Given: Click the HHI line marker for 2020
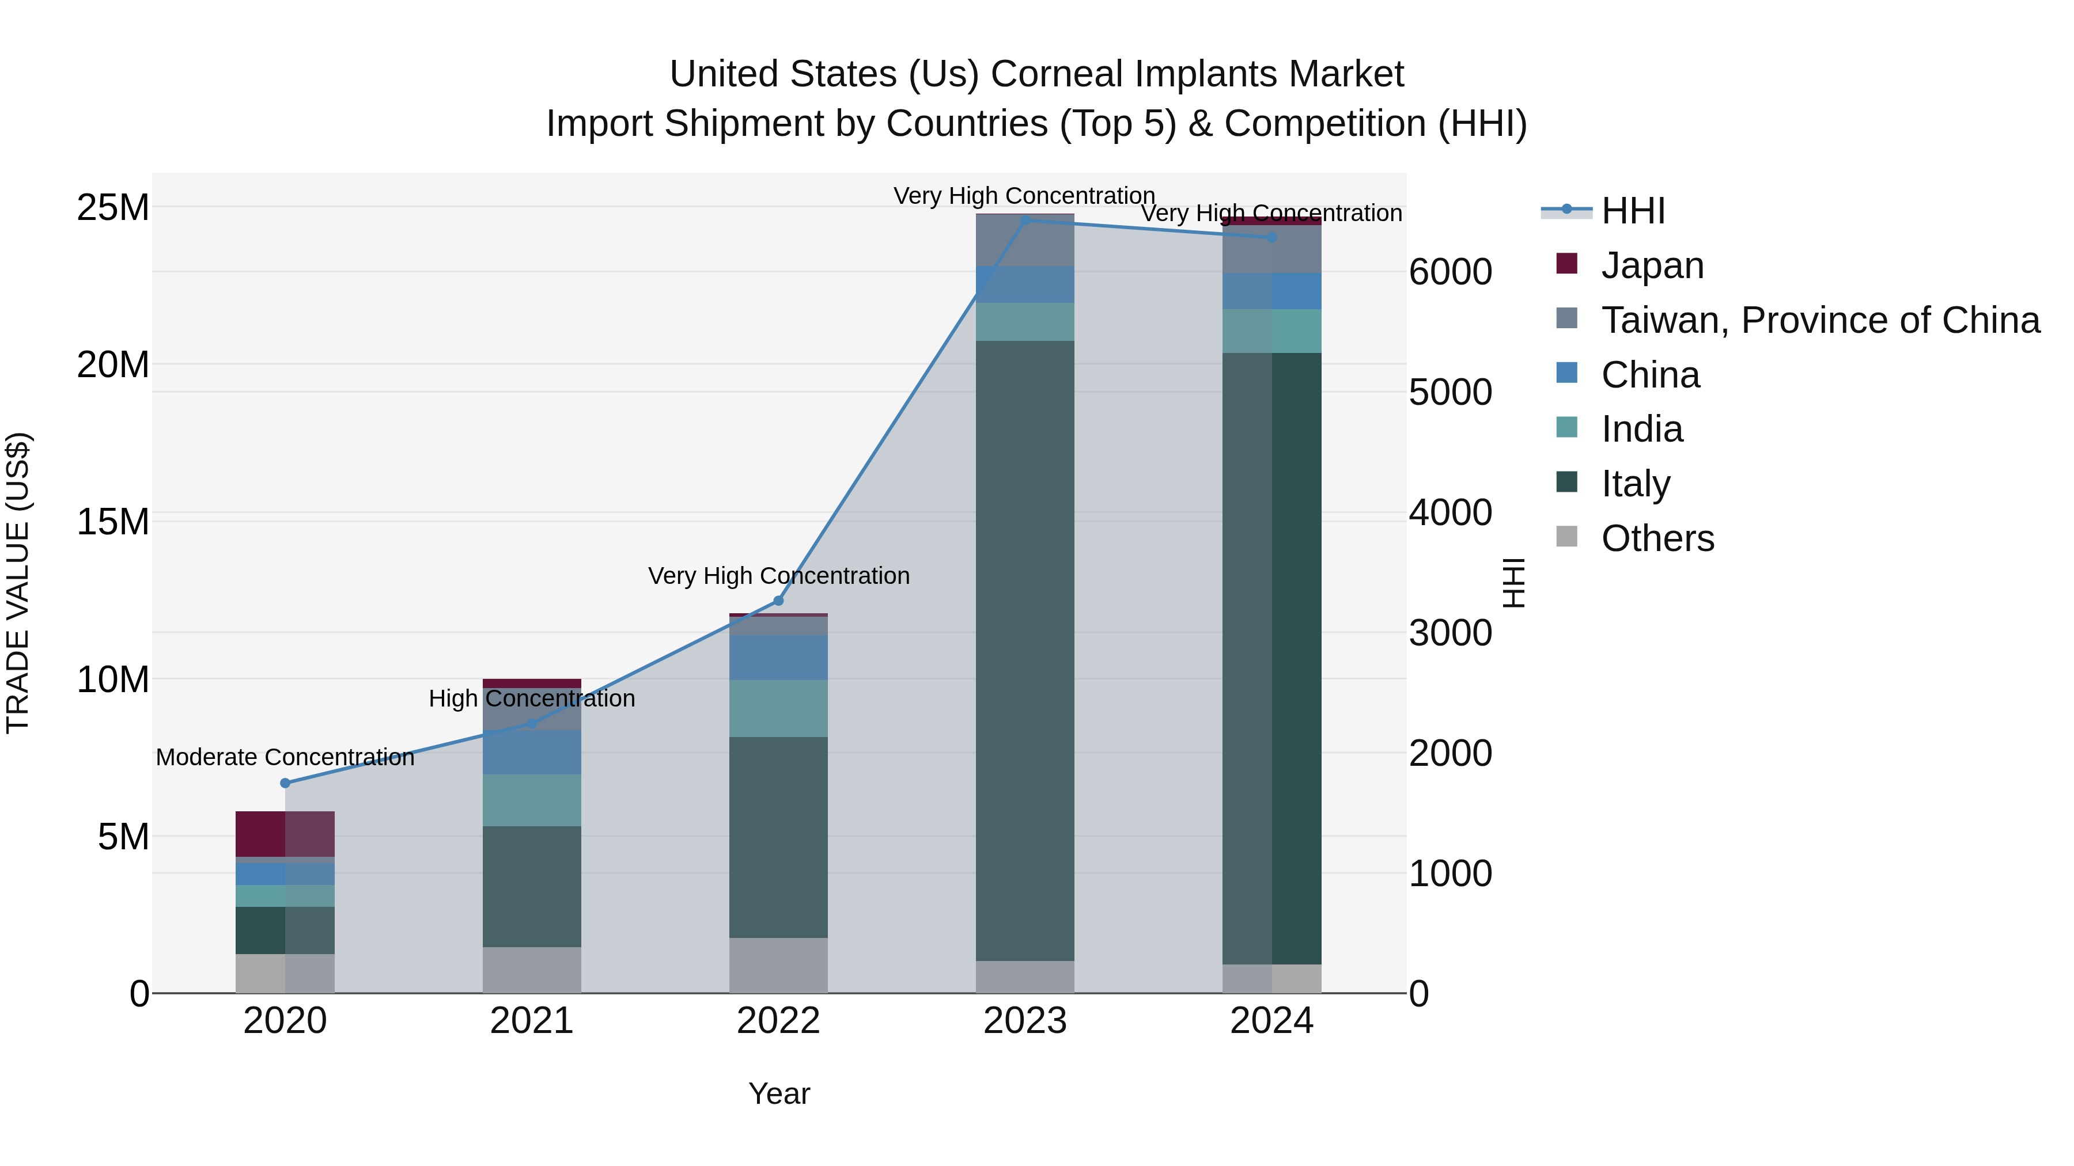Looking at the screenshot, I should click(285, 783).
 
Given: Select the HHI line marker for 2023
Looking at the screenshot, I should click(1025, 221).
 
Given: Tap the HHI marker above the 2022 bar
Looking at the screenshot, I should click(778, 601).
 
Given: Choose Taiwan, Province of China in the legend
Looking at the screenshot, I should click(1819, 320).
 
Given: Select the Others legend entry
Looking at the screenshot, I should click(1657, 538).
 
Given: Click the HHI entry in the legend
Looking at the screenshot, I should click(1632, 211).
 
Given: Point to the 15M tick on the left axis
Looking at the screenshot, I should click(113, 522).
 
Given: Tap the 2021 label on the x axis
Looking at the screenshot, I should click(531, 1021).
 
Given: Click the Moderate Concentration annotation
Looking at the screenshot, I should click(285, 757).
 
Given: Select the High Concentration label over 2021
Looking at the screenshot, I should click(531, 698).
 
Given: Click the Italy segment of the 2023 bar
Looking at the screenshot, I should click(1025, 650).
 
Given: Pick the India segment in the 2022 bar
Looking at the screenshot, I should click(778, 708).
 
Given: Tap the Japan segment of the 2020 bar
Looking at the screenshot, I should click(285, 834).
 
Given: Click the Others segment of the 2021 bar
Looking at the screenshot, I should click(531, 970).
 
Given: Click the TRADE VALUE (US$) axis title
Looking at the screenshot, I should click(18, 583).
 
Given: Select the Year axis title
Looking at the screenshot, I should click(778, 1093).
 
